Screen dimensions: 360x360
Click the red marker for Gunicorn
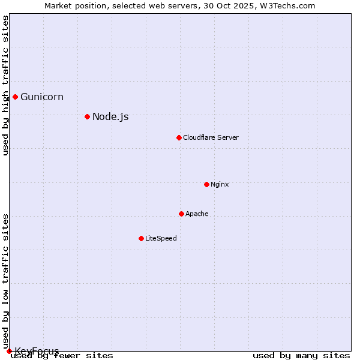pos(15,97)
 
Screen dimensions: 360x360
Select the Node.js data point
pos(87,116)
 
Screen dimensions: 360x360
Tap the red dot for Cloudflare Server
pos(179,137)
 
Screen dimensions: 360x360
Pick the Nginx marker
pos(206,184)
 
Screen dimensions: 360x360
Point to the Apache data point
pos(181,214)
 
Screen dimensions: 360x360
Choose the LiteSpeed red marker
pos(141,238)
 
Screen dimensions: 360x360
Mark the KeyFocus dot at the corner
pos(9,351)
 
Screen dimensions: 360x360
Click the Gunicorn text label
pos(42,97)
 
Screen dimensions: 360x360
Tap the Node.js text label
pos(110,116)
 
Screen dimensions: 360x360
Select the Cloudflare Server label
pos(211,137)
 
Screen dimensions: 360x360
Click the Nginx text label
pos(220,184)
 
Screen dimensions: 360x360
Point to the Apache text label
pos(197,214)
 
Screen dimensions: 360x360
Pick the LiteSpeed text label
pos(161,238)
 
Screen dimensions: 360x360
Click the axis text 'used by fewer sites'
pos(62,356)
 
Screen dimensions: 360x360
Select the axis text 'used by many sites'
pos(301,356)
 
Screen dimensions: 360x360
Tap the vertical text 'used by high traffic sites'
pos(5,85)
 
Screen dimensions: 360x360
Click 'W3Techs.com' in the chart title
pos(291,5)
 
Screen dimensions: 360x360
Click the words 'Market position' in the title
pos(72,5)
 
